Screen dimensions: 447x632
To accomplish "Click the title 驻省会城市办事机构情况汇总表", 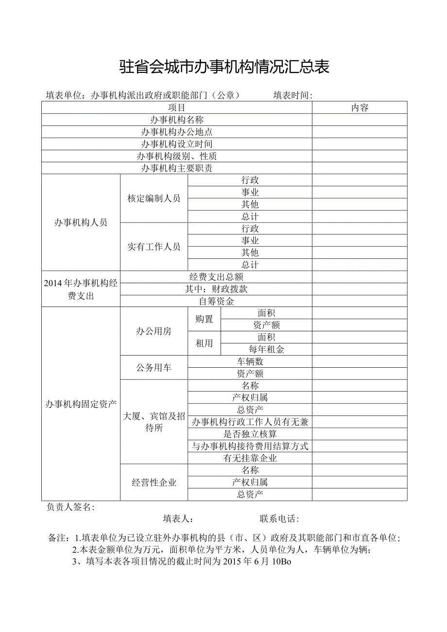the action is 224,67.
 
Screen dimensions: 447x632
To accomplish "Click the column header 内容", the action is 360,108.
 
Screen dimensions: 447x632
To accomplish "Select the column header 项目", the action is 177,108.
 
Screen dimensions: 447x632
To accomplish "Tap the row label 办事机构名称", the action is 177,120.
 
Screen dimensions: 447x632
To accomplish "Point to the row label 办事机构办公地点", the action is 177,132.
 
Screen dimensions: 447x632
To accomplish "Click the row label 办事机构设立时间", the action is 177,144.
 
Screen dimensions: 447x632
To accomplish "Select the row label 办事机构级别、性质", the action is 177,156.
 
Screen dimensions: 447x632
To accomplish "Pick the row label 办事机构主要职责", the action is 177,168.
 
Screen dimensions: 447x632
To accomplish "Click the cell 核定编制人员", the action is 154,198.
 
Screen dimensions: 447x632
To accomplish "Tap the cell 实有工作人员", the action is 154,247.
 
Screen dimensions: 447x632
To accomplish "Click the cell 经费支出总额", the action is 216,277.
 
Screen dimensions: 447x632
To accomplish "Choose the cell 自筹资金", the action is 216,301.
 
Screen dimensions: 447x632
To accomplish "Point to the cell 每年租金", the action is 266,349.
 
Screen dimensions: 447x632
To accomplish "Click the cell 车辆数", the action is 250,361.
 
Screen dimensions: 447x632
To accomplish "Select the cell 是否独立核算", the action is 250,434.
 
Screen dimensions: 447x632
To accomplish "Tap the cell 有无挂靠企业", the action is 250,458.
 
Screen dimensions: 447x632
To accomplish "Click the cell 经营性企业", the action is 154,482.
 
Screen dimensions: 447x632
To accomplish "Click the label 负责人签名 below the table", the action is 70,507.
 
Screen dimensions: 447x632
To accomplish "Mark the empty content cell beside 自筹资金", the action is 360,301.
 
